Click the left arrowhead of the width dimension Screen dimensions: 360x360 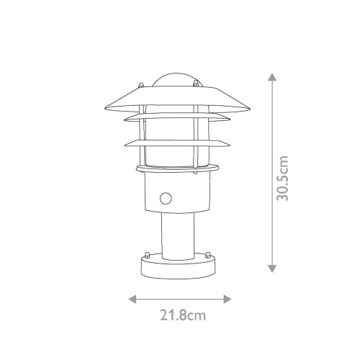pos(132,297)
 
